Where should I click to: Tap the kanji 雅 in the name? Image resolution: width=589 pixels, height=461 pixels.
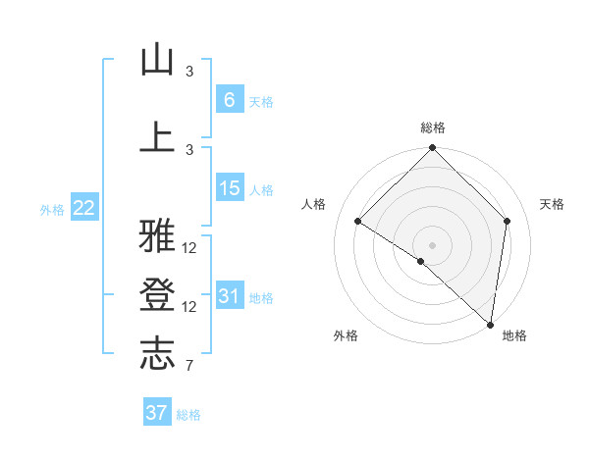[x=157, y=236]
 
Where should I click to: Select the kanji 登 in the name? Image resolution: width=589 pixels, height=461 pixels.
[x=157, y=295]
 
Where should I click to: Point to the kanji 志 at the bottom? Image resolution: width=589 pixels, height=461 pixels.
[x=157, y=354]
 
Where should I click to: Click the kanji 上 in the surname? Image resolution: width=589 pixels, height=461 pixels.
[x=157, y=137]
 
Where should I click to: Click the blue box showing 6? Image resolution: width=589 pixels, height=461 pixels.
[x=229, y=99]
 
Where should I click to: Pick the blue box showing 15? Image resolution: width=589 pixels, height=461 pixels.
[x=230, y=187]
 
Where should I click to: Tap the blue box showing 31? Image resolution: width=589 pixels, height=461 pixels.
[x=230, y=295]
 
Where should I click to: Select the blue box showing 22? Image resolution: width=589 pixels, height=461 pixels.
[x=84, y=207]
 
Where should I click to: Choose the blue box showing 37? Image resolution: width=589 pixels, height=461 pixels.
[x=157, y=413]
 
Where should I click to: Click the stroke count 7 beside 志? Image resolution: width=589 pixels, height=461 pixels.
[x=188, y=366]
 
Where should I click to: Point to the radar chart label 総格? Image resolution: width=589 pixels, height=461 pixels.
[x=433, y=128]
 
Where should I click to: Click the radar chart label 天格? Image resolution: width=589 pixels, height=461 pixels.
[x=552, y=204]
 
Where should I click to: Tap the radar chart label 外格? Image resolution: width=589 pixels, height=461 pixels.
[x=346, y=335]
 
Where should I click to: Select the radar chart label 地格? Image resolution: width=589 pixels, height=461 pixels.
[x=514, y=335]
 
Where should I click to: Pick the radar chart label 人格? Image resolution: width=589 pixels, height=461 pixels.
[x=314, y=204]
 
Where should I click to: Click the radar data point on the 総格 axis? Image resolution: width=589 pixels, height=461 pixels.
[x=432, y=149]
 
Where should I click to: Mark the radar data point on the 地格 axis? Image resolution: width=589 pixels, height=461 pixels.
[x=491, y=324]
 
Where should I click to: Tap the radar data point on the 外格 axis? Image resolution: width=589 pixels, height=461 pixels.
[x=421, y=261]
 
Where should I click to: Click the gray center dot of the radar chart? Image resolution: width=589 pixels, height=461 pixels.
[x=432, y=244]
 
